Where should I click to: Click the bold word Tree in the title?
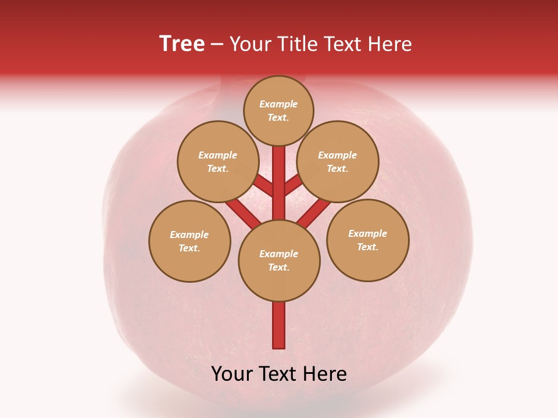[x=182, y=44]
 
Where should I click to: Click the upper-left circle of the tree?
[x=218, y=161]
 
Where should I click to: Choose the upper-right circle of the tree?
[x=338, y=161]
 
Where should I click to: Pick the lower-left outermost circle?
[x=189, y=241]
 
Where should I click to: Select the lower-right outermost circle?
[x=368, y=240]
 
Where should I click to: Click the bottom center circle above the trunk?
[x=279, y=260]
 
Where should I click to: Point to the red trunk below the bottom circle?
[x=279, y=325]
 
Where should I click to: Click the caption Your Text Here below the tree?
[x=279, y=374]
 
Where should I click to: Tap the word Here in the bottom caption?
[x=324, y=374]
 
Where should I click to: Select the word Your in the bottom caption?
[x=233, y=374]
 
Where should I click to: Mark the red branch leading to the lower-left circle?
[x=242, y=212]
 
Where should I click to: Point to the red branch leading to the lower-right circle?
[x=314, y=212]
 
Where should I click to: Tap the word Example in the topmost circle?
[x=278, y=105]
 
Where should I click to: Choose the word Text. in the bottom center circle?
[x=278, y=268]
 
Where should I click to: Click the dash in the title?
[x=217, y=44]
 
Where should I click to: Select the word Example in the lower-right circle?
[x=367, y=233]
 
